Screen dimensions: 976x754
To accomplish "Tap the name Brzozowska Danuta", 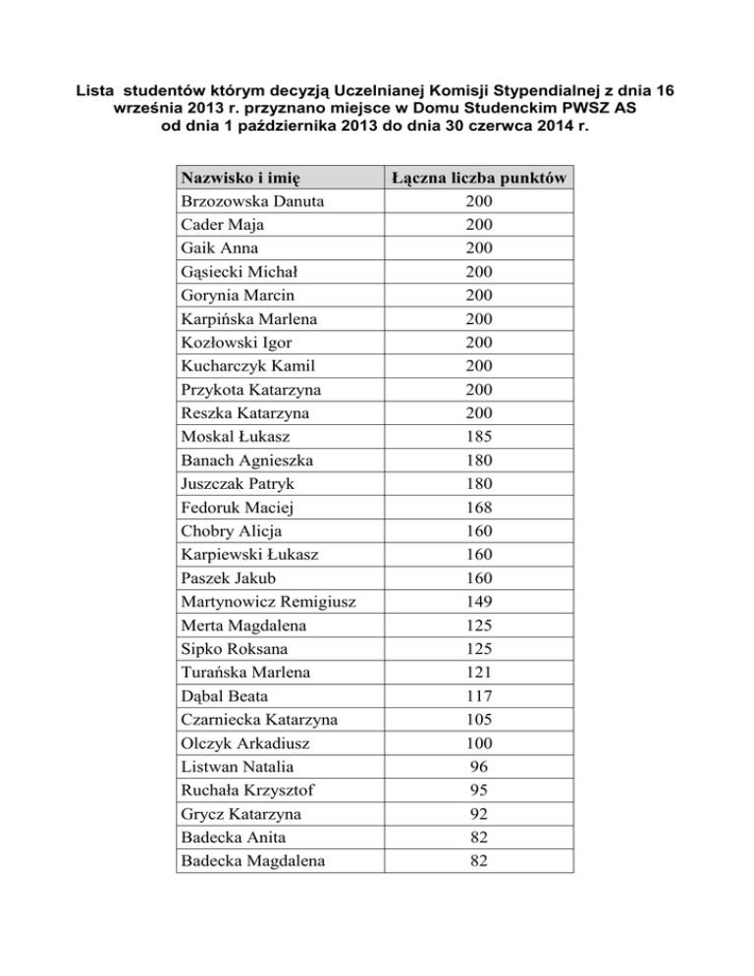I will [252, 202].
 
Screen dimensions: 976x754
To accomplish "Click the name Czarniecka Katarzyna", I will [259, 720].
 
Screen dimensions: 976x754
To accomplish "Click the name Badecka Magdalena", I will [252, 861].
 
